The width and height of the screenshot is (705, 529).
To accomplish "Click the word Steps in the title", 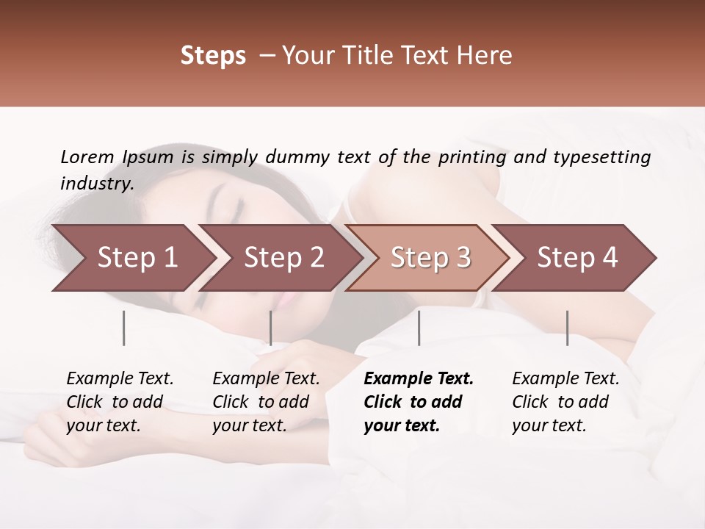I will [x=213, y=56].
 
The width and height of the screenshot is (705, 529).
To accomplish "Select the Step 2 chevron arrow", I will [x=283, y=258].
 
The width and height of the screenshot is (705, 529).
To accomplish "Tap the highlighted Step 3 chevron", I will [x=430, y=258].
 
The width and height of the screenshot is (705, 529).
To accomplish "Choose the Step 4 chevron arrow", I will [x=576, y=258].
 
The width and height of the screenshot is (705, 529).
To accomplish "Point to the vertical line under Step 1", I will [x=124, y=328].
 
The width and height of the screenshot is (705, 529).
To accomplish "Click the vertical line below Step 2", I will [x=271, y=328].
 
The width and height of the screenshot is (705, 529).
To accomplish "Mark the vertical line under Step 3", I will [x=419, y=328].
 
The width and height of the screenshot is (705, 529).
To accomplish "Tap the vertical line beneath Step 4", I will [x=568, y=328].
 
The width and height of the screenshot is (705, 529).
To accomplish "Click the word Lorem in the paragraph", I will [x=87, y=157].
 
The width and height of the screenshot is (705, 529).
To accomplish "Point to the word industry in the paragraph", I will [x=96, y=184].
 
